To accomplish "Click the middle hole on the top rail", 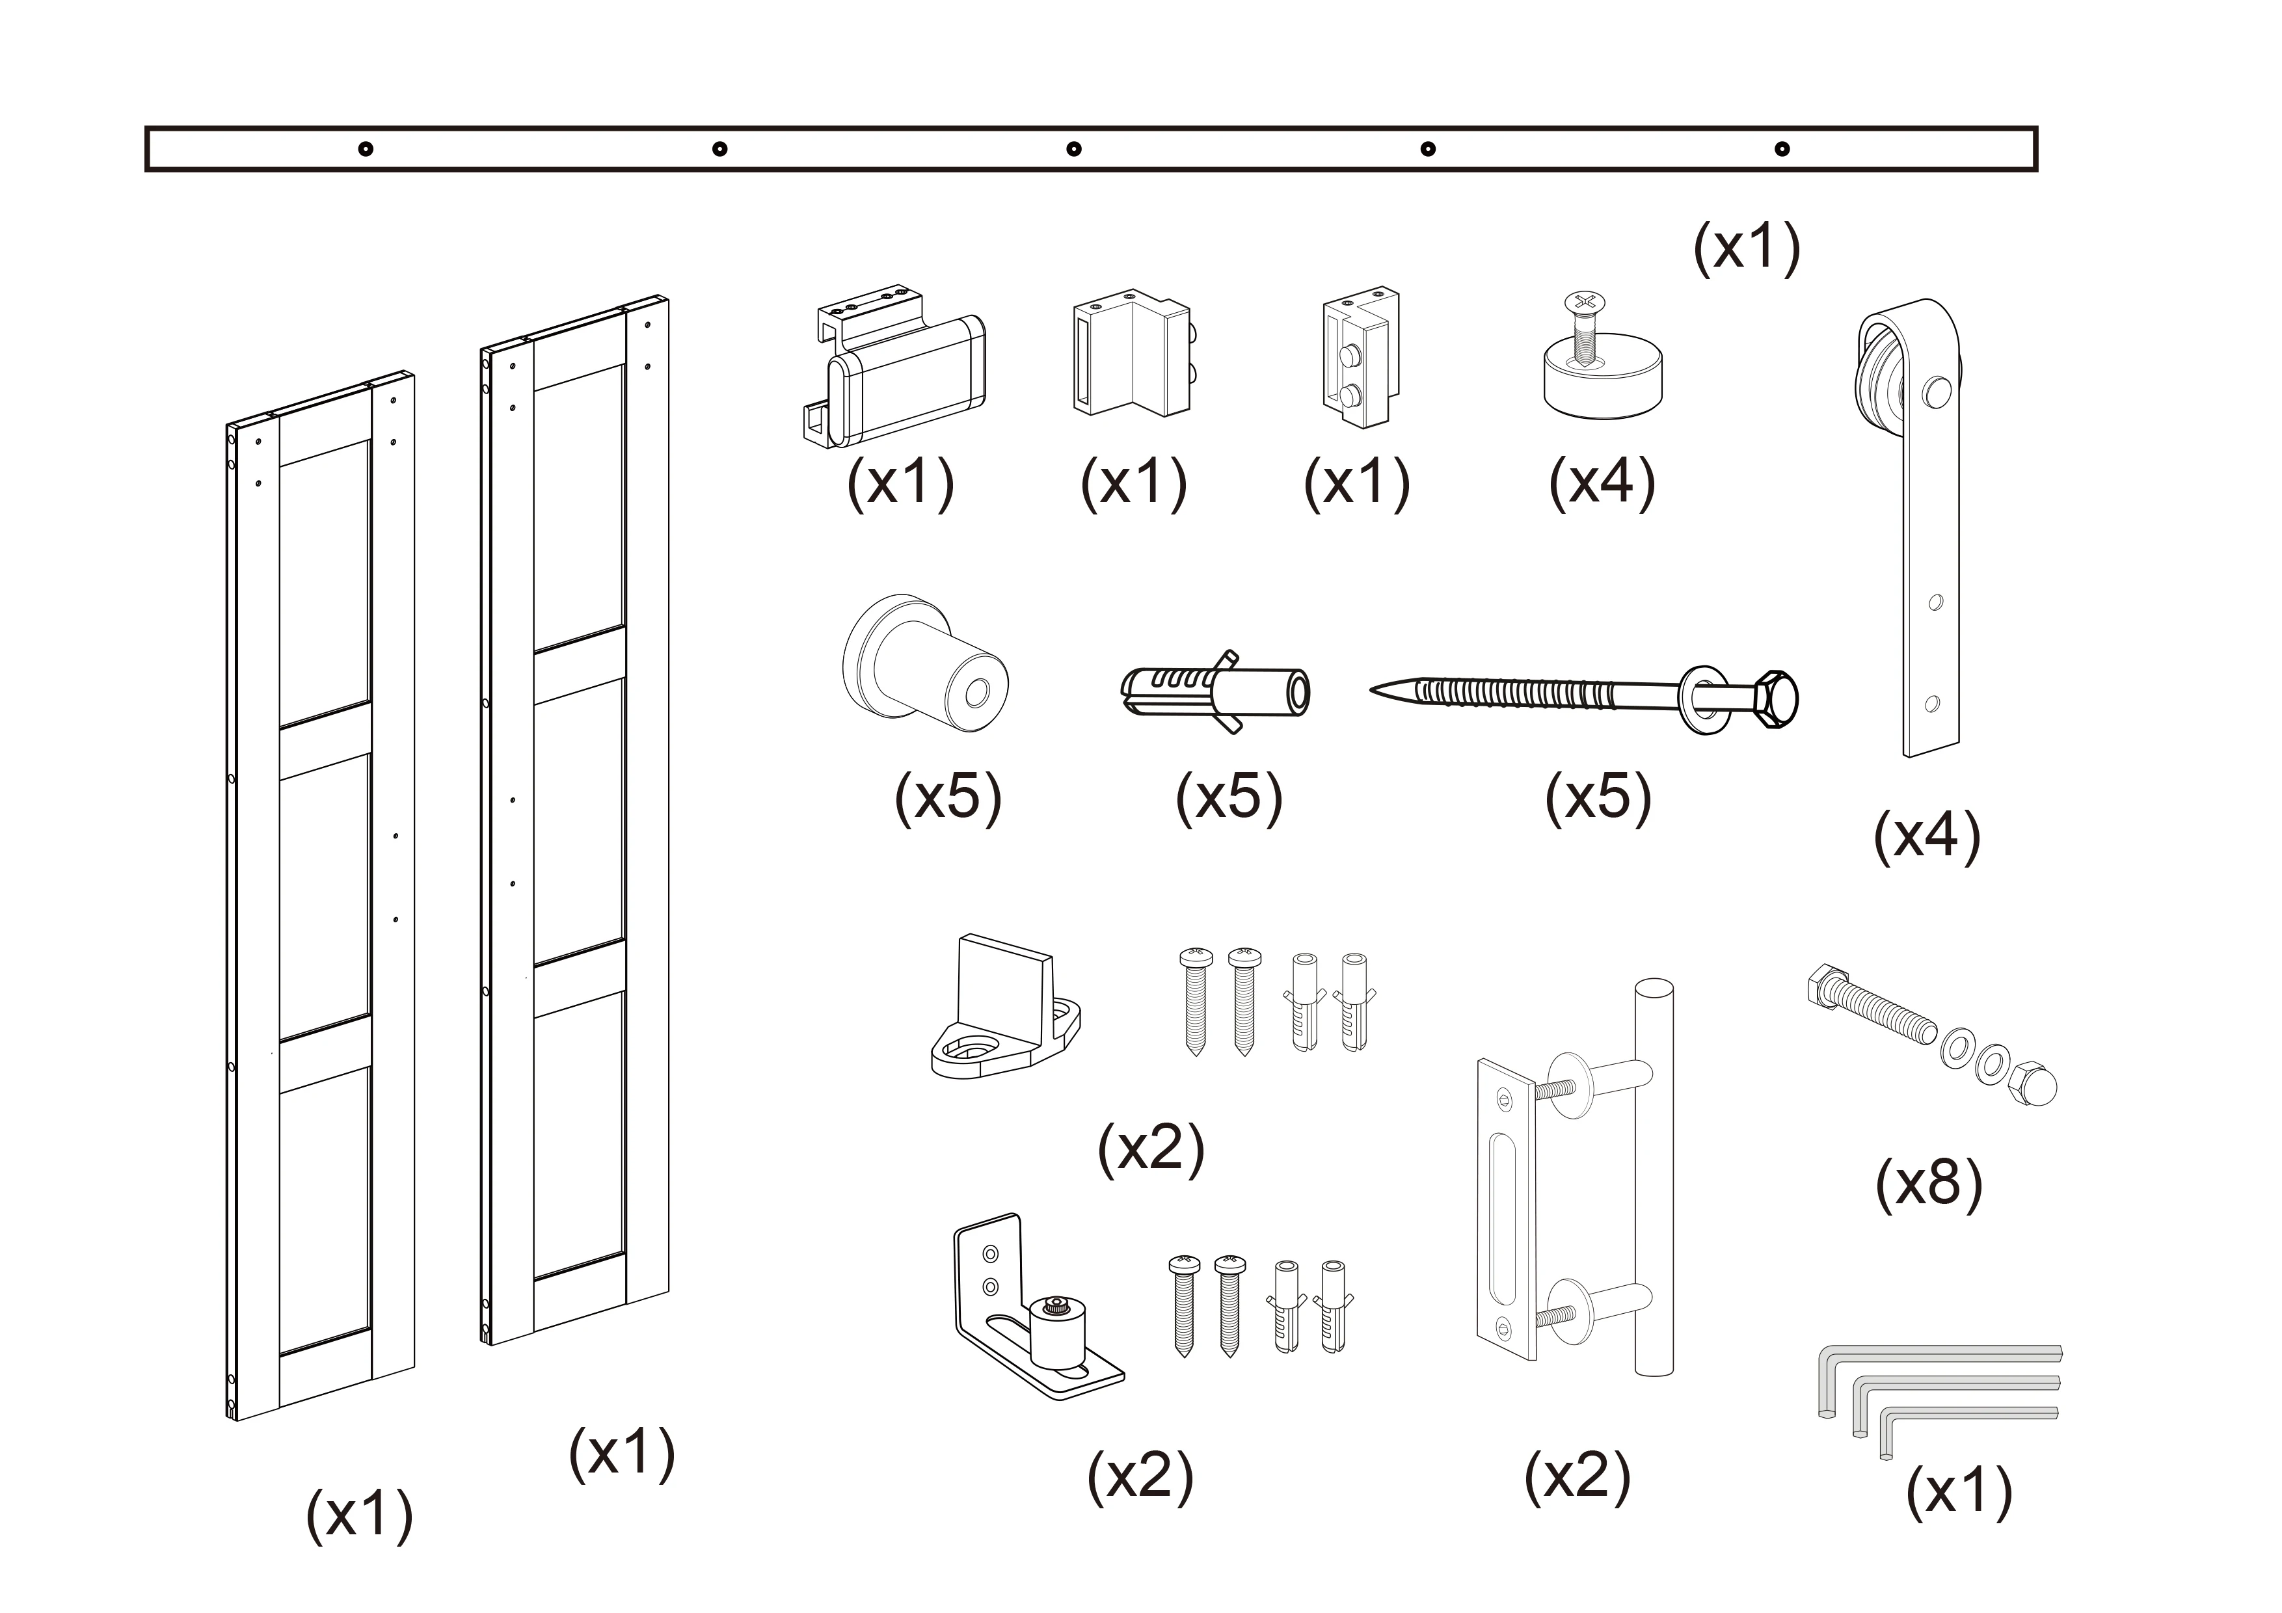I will point(1073,149).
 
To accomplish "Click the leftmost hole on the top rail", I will point(366,149).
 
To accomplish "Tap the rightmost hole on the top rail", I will point(1782,149).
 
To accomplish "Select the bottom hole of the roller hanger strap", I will point(1932,704).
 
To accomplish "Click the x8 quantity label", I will point(1928,1184).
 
